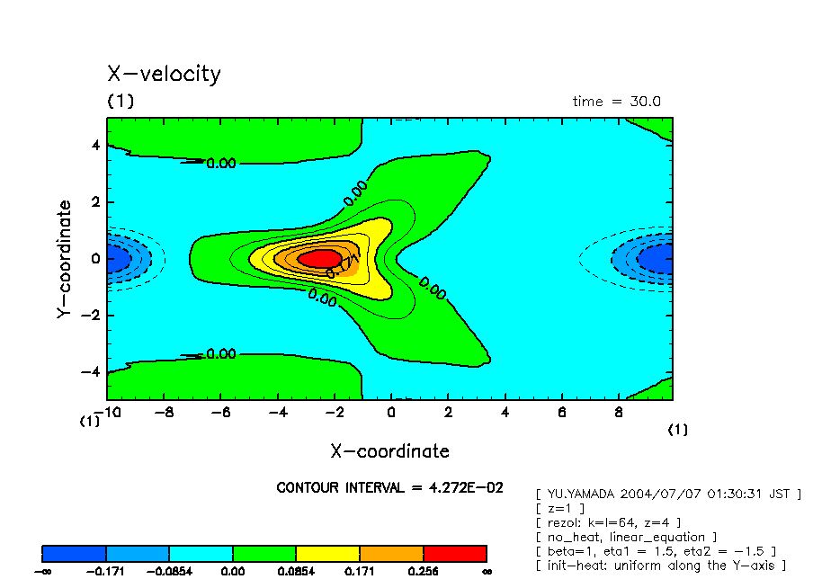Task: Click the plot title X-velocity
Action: pyautogui.click(x=164, y=74)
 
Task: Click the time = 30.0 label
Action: pyautogui.click(x=616, y=102)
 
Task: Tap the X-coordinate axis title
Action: pyautogui.click(x=389, y=451)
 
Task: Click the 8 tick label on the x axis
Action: pyautogui.click(x=619, y=413)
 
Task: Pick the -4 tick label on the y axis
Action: pyautogui.click(x=90, y=371)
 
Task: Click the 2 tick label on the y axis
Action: pyautogui.click(x=94, y=202)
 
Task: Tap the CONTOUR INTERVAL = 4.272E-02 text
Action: pyautogui.click(x=389, y=487)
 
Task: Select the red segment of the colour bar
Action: pyautogui.click(x=454, y=553)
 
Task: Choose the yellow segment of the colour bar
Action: pyautogui.click(x=327, y=553)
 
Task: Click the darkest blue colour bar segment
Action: pyautogui.click(x=74, y=553)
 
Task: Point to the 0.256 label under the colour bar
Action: pyautogui.click(x=423, y=571)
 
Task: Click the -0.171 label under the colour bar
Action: pyautogui.click(x=106, y=571)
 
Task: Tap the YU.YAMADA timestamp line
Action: pyautogui.click(x=667, y=494)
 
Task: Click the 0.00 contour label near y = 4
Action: pyautogui.click(x=220, y=164)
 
